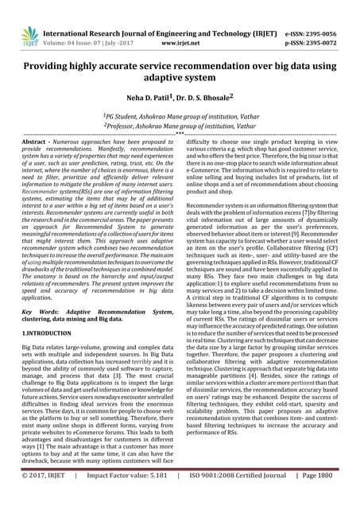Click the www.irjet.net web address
[x=180, y=23]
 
